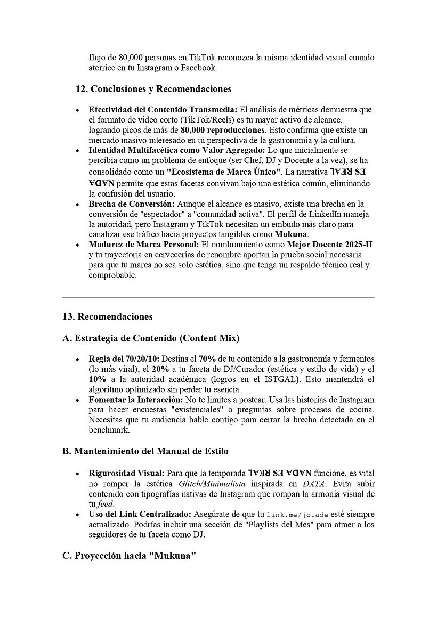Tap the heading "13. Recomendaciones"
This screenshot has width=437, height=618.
pyautogui.click(x=107, y=316)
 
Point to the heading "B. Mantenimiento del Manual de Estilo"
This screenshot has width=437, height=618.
pyautogui.click(x=145, y=451)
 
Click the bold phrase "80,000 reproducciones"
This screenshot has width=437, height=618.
pyautogui.click(x=223, y=129)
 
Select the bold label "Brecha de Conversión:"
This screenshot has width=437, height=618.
pyautogui.click(x=131, y=204)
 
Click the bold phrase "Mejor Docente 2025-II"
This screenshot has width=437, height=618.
pyautogui.click(x=330, y=244)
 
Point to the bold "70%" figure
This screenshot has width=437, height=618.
pyautogui.click(x=207, y=359)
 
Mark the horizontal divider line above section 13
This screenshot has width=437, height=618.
pyautogui.click(x=218, y=297)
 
